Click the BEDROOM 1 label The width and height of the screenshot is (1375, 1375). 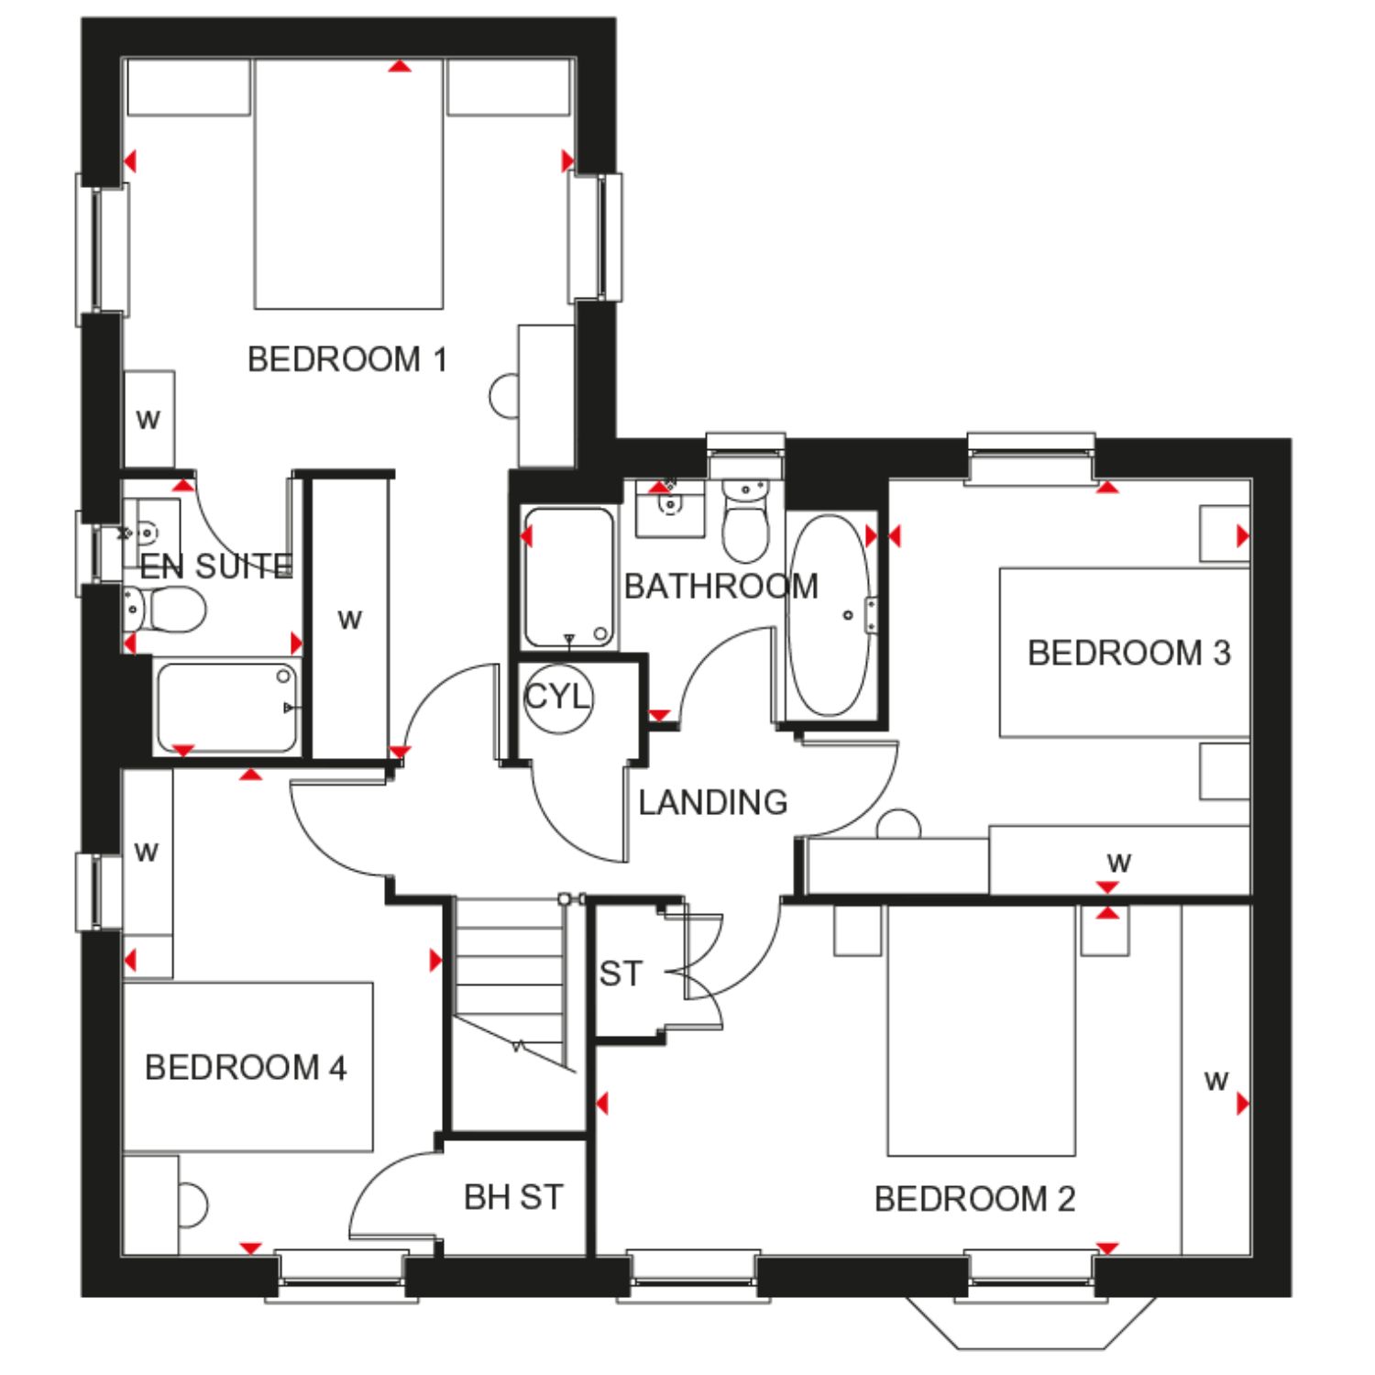[x=347, y=359]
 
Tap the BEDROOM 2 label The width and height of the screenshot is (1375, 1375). [x=974, y=1199]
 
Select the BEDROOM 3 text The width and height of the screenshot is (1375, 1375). [x=1128, y=653]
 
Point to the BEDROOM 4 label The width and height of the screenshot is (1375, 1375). [x=246, y=1067]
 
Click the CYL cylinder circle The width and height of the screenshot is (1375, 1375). [x=558, y=698]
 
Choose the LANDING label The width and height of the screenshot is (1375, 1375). [x=713, y=802]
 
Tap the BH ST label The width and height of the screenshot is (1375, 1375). [x=513, y=1196]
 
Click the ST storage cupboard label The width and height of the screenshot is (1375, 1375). [x=621, y=973]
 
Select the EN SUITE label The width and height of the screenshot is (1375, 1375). [x=216, y=566]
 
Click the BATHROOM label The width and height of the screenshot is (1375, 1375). [x=721, y=586]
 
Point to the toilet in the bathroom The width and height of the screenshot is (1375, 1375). [x=745, y=520]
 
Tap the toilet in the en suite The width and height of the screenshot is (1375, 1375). [x=165, y=608]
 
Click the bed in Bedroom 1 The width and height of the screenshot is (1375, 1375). [x=348, y=183]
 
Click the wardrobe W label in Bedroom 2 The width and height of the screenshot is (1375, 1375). [x=1215, y=1082]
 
